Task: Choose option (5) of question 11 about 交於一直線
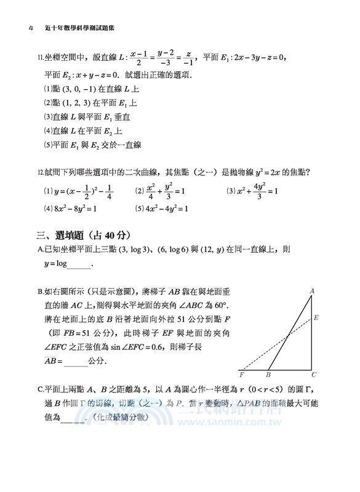point(92,145)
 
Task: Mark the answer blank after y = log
point(79,266)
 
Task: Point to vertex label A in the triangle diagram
point(312,290)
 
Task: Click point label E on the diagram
point(316,319)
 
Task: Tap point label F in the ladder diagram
point(241,375)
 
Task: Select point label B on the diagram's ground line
point(268,375)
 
